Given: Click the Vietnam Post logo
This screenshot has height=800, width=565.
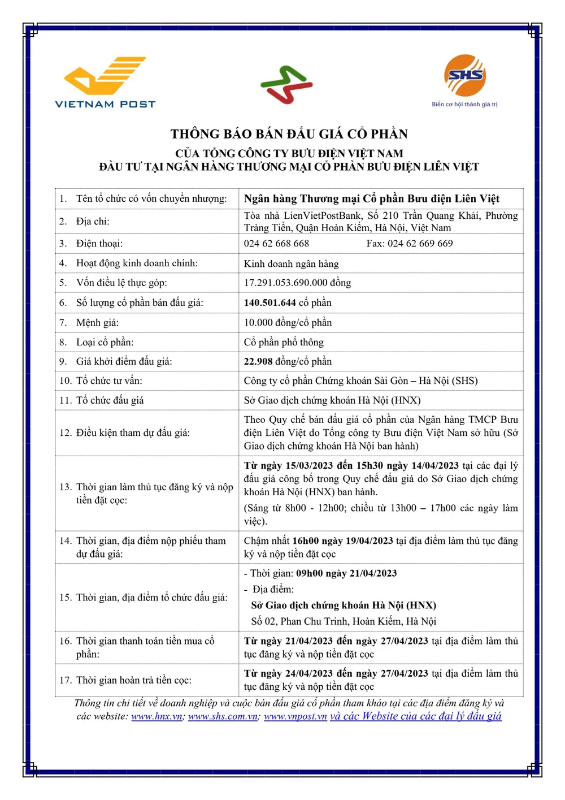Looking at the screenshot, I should point(105,82).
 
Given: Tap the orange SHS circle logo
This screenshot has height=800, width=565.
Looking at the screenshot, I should point(464,76).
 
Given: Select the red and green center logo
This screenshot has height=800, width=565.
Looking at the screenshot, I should point(286,85).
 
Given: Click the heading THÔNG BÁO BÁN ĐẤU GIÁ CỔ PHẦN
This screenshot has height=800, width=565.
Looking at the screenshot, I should point(289,134).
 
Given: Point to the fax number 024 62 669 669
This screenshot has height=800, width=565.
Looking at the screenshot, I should point(410,244).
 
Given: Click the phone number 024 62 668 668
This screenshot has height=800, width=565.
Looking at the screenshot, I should point(276,244).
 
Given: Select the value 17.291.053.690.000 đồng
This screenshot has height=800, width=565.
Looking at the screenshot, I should point(297,283).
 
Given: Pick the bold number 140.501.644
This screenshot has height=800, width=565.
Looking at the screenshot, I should point(270,302).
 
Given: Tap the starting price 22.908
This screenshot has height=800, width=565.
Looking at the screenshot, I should point(258,361).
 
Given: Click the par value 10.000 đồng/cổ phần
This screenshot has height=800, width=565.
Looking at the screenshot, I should point(288,322).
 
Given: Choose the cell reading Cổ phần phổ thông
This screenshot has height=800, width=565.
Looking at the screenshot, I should point(284,342).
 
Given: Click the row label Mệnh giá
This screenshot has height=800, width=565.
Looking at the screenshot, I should point(97,322).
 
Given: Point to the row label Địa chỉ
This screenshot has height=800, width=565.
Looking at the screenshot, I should point(93,221).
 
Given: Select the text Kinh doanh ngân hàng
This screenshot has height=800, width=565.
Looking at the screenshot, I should point(291,263).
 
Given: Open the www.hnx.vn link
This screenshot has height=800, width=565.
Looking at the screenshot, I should point(157,716).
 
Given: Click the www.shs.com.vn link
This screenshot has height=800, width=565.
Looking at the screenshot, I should point(223,716).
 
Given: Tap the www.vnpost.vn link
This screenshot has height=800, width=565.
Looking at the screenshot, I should point(295,716).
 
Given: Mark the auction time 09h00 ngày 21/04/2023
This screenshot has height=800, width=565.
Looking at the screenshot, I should point(346,573).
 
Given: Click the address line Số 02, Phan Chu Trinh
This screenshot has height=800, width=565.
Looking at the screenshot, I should point(344,621).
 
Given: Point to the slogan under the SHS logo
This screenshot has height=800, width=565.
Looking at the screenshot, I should point(464,105).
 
